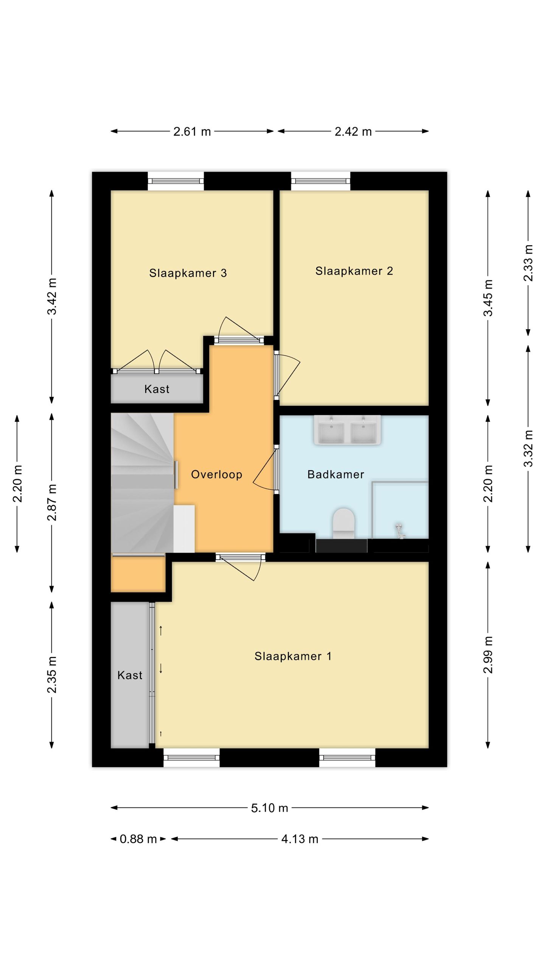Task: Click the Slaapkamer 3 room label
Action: coord(188,273)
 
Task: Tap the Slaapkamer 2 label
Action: coord(354,271)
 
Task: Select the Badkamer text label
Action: coord(336,474)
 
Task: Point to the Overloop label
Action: coord(216,474)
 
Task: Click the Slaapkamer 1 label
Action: coord(293,656)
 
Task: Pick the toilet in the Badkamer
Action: coord(343,523)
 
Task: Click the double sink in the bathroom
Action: coord(347,430)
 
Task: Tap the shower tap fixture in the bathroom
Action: coord(400,530)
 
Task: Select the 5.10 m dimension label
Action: coord(269,808)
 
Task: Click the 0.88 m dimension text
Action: coord(138,839)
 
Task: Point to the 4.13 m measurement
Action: coord(300,839)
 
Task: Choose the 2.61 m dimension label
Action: coord(192,131)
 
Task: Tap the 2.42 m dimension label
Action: coord(353,131)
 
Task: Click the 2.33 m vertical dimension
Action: coord(528,263)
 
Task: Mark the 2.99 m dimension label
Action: coord(488,655)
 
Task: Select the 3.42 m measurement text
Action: coord(52,296)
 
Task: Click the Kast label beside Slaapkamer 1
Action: coord(130,675)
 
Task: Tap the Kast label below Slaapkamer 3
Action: coord(157,389)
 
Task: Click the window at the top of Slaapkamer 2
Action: coord(321,181)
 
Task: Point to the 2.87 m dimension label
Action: coord(52,502)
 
